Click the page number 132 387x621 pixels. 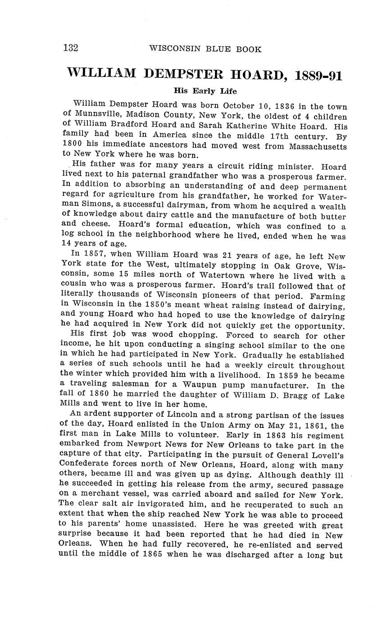(x=71, y=48)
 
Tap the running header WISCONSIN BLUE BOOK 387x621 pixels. (x=205, y=49)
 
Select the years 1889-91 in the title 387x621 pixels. (x=318, y=74)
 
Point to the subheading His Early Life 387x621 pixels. (x=205, y=91)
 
